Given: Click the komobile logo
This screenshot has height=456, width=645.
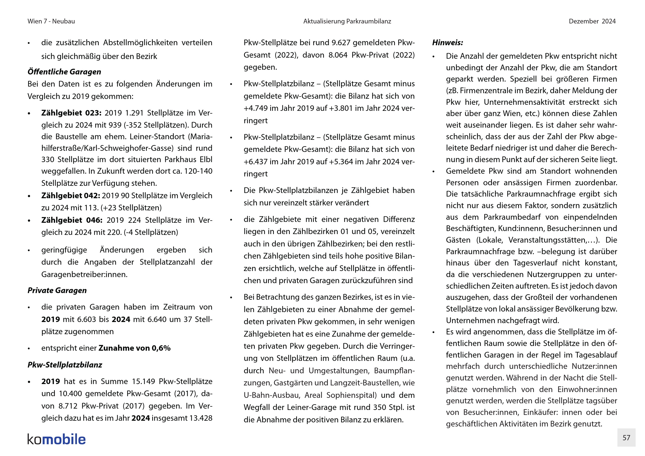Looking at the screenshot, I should (x=57, y=439).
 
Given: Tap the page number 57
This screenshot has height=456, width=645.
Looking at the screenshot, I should (x=626, y=438).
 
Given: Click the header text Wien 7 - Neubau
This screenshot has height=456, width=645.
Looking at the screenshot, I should (x=51, y=21).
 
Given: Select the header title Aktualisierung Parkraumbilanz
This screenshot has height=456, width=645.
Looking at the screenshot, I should (x=347, y=21).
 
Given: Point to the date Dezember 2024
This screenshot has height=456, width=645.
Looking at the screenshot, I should (x=592, y=21).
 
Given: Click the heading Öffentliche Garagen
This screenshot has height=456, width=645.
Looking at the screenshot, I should (x=64, y=72).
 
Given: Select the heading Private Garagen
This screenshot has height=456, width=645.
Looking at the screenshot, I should (x=57, y=290).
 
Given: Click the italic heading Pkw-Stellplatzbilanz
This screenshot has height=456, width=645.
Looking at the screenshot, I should (x=65, y=365).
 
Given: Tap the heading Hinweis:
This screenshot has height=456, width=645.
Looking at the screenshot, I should (x=448, y=43).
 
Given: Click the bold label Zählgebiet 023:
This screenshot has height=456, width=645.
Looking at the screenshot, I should (x=71, y=113).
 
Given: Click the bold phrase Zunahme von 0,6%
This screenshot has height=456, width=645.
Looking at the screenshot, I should (x=135, y=348).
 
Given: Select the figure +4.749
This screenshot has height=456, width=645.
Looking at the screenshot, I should (x=255, y=108).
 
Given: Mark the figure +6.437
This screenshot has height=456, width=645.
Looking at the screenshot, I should (x=255, y=162).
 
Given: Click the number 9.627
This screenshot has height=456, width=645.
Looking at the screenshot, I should (x=341, y=43).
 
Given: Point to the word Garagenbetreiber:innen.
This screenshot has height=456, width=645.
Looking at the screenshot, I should (x=84, y=274).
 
